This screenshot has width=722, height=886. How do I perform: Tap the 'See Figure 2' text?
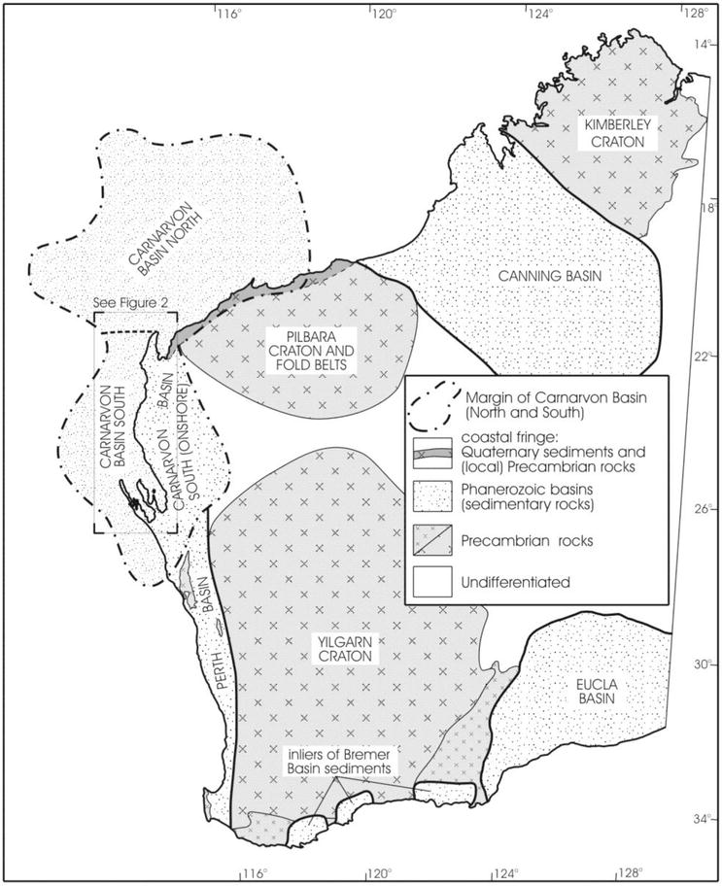[130, 302]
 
